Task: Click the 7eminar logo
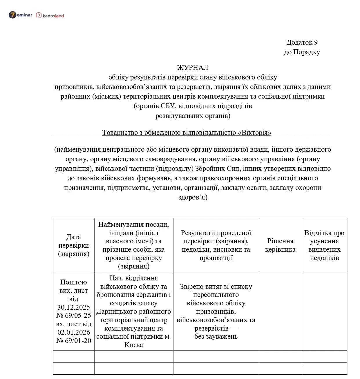pyautogui.click(x=20, y=15)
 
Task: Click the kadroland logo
pyautogui.click(x=50, y=15)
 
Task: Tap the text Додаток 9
pyautogui.click(x=302, y=42)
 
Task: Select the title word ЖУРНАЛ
pyautogui.click(x=193, y=68)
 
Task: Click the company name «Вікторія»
pyautogui.click(x=254, y=133)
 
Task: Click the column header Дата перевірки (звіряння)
pyautogui.click(x=74, y=245)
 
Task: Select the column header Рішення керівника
pyautogui.click(x=280, y=245)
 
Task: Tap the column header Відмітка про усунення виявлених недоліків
pyautogui.click(x=324, y=245)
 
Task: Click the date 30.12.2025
pyautogui.click(x=74, y=307)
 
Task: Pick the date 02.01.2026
pyautogui.click(x=74, y=332)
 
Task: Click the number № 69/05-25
pyautogui.click(x=74, y=315)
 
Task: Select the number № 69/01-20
pyautogui.click(x=74, y=341)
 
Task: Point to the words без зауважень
pyautogui.click(x=216, y=336)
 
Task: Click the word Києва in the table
pyautogui.click(x=134, y=345)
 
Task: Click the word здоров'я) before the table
pyautogui.click(x=193, y=197)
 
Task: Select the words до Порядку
pyautogui.click(x=302, y=52)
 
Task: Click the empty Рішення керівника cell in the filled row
pyautogui.click(x=280, y=311)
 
